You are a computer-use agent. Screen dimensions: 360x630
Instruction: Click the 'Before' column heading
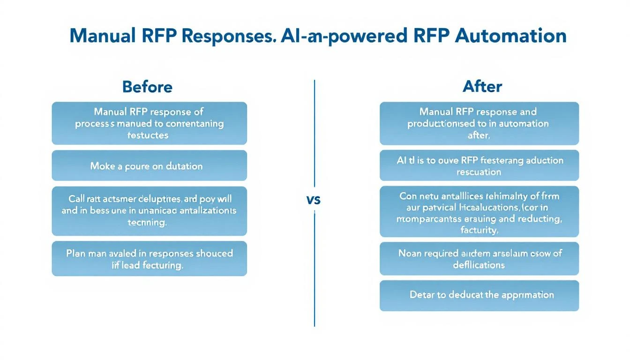coord(147,87)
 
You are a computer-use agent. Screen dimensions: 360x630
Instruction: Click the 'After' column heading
coord(482,87)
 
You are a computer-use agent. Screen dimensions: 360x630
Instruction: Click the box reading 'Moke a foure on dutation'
coord(149,166)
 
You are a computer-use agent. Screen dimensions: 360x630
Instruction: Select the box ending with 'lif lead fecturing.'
coord(149,259)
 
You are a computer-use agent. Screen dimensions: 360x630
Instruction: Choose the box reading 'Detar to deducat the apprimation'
coord(479,295)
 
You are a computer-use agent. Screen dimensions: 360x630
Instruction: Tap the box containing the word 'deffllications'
coord(479,259)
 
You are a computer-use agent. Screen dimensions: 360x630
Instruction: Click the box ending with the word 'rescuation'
coord(479,166)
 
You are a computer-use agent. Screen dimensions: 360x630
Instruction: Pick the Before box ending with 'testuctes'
coord(149,123)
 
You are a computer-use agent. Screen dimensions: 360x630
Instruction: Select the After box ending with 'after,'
coord(479,123)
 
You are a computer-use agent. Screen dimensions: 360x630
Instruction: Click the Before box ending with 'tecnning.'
coord(149,211)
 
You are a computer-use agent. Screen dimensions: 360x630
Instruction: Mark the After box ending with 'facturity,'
coord(479,211)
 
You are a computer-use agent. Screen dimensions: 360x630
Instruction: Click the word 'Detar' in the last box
coord(421,295)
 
